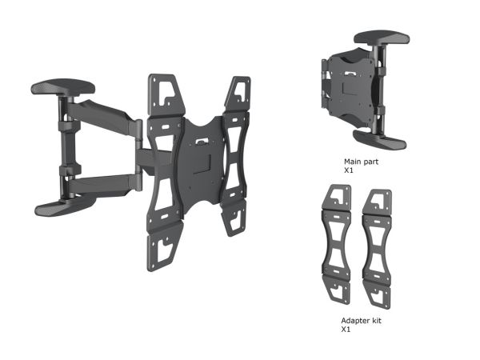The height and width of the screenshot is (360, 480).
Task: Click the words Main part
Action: tap(361, 162)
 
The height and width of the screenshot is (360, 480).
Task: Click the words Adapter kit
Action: tap(362, 321)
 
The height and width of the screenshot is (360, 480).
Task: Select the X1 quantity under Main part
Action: tap(349, 170)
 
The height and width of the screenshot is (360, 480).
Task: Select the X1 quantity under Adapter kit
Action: tap(346, 330)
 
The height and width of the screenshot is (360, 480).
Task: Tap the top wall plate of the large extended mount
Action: tap(63, 86)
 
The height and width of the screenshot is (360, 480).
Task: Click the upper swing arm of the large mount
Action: tap(101, 115)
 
